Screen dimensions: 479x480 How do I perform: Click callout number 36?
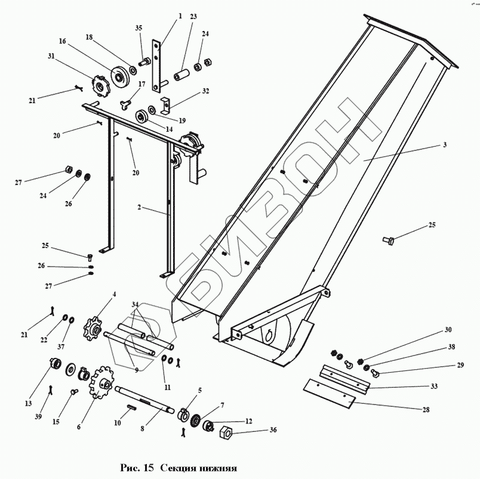click(273, 429)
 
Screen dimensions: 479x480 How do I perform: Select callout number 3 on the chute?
click(445, 145)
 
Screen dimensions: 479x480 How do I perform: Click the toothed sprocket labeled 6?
click(101, 382)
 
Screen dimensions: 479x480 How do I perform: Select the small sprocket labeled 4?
click(94, 327)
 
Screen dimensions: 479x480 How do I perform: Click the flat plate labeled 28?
click(328, 393)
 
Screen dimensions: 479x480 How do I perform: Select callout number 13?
click(28, 403)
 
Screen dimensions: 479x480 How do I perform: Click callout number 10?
click(118, 422)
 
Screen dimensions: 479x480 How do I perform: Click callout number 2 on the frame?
click(139, 208)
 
